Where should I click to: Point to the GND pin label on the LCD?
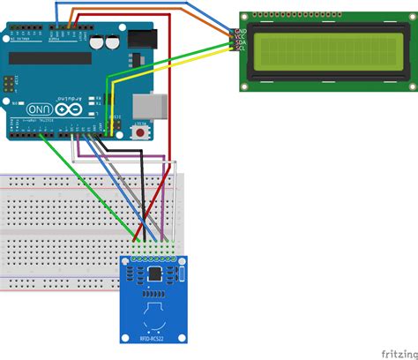click(240, 30)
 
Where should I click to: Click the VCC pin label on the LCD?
click(240, 36)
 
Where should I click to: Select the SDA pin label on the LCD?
click(240, 42)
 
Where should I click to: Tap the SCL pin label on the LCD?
click(240, 49)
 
